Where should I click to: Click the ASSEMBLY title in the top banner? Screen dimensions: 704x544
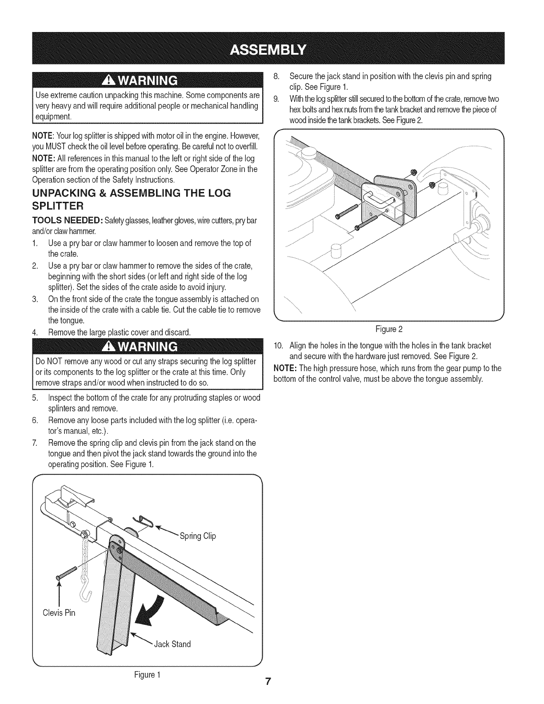[x=272, y=48]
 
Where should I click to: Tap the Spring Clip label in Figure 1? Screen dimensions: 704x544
[x=198, y=536]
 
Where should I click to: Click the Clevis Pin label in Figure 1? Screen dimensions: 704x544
[x=59, y=612]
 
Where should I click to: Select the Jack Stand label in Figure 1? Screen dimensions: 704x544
[x=172, y=644]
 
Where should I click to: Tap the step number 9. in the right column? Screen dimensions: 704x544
[x=276, y=98]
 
